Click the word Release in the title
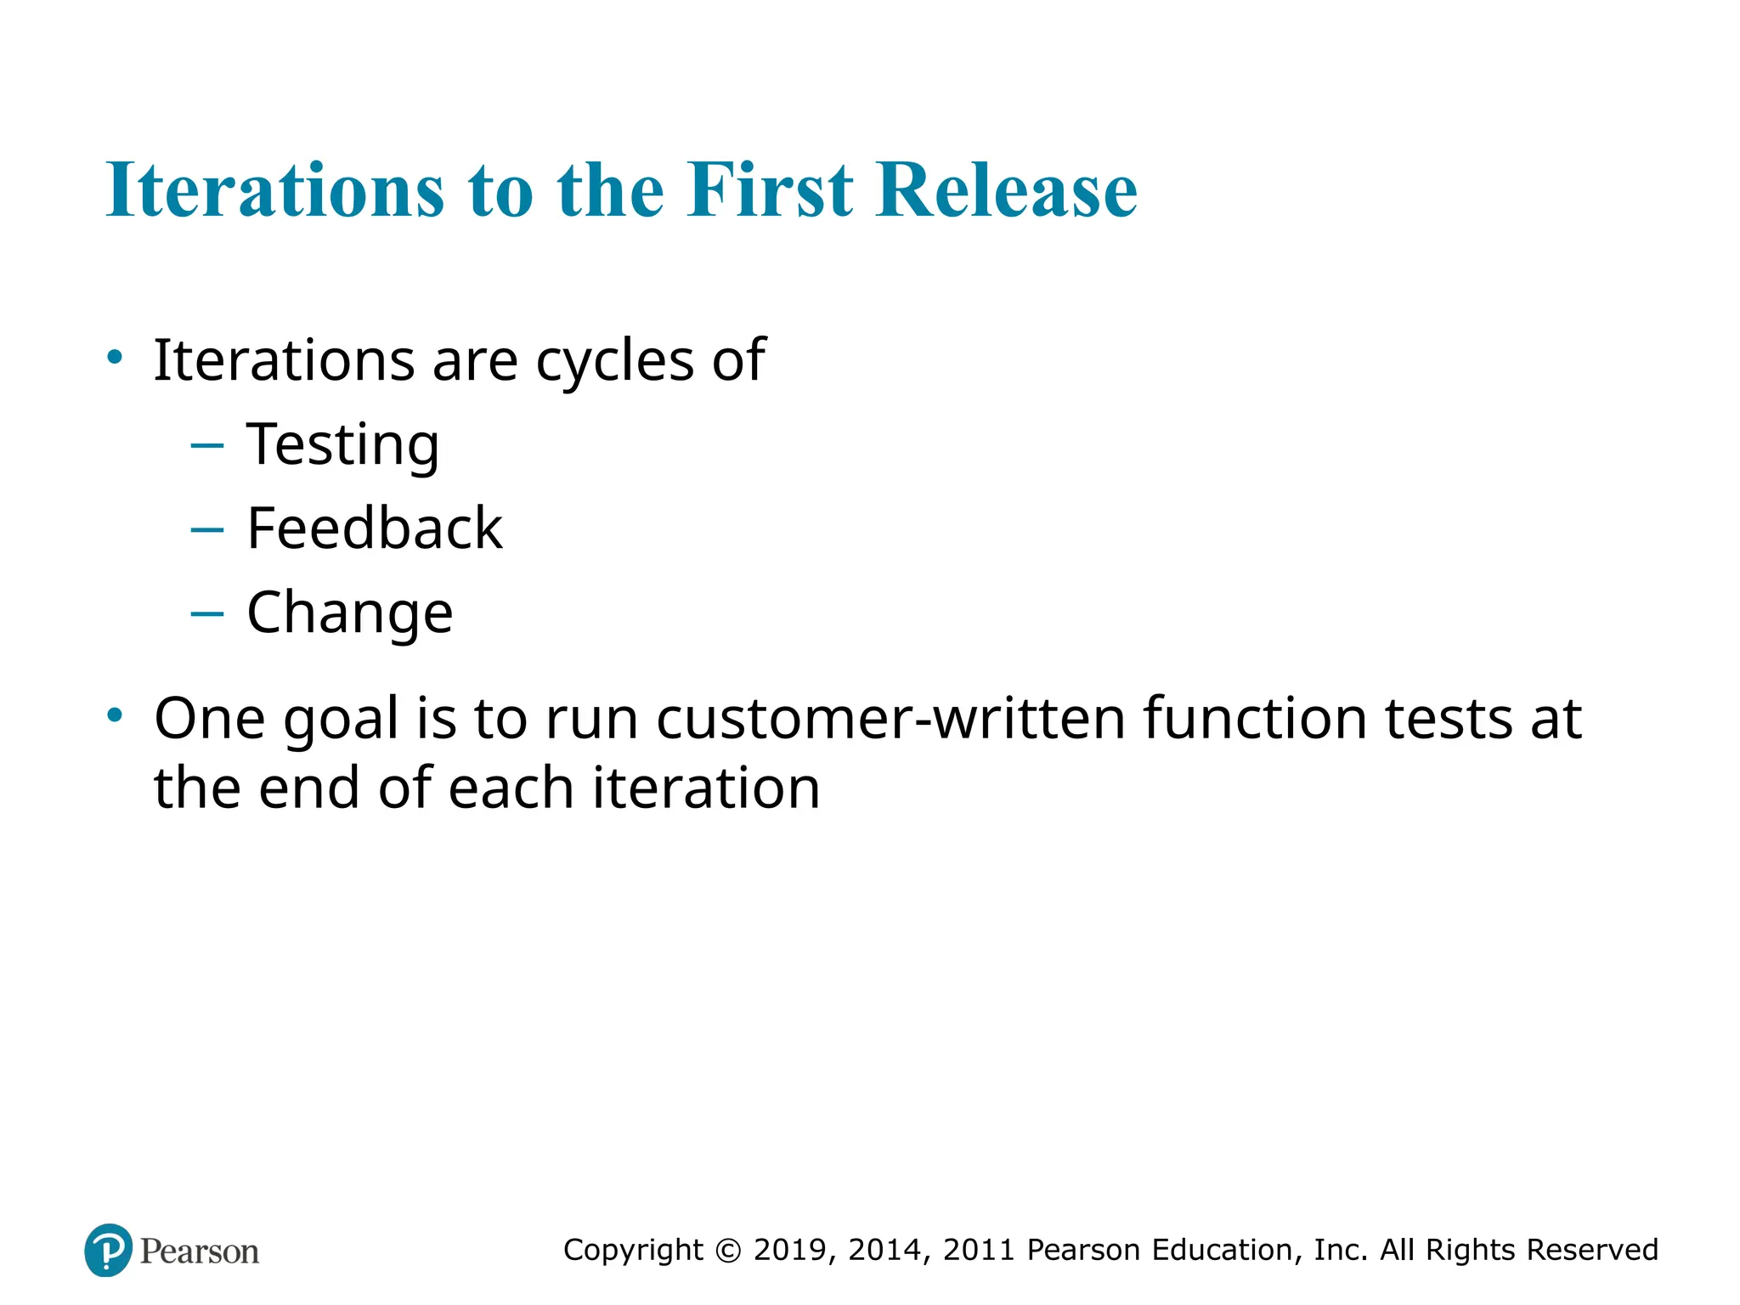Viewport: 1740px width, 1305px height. click(1006, 189)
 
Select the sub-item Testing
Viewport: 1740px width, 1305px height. click(342, 444)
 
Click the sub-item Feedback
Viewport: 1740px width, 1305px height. click(374, 528)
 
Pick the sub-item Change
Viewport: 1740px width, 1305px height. click(349, 613)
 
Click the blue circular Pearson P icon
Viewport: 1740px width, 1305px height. click(109, 1250)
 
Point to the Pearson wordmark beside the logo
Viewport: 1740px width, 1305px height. click(200, 1251)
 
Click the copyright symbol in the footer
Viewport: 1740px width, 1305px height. click(728, 1250)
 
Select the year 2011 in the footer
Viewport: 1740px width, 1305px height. click(980, 1250)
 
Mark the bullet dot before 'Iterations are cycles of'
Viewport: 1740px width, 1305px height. click(115, 357)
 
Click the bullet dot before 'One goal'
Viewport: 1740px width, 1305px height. click(115, 715)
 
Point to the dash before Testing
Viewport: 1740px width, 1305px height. click(207, 444)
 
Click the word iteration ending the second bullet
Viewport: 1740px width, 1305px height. click(706, 788)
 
